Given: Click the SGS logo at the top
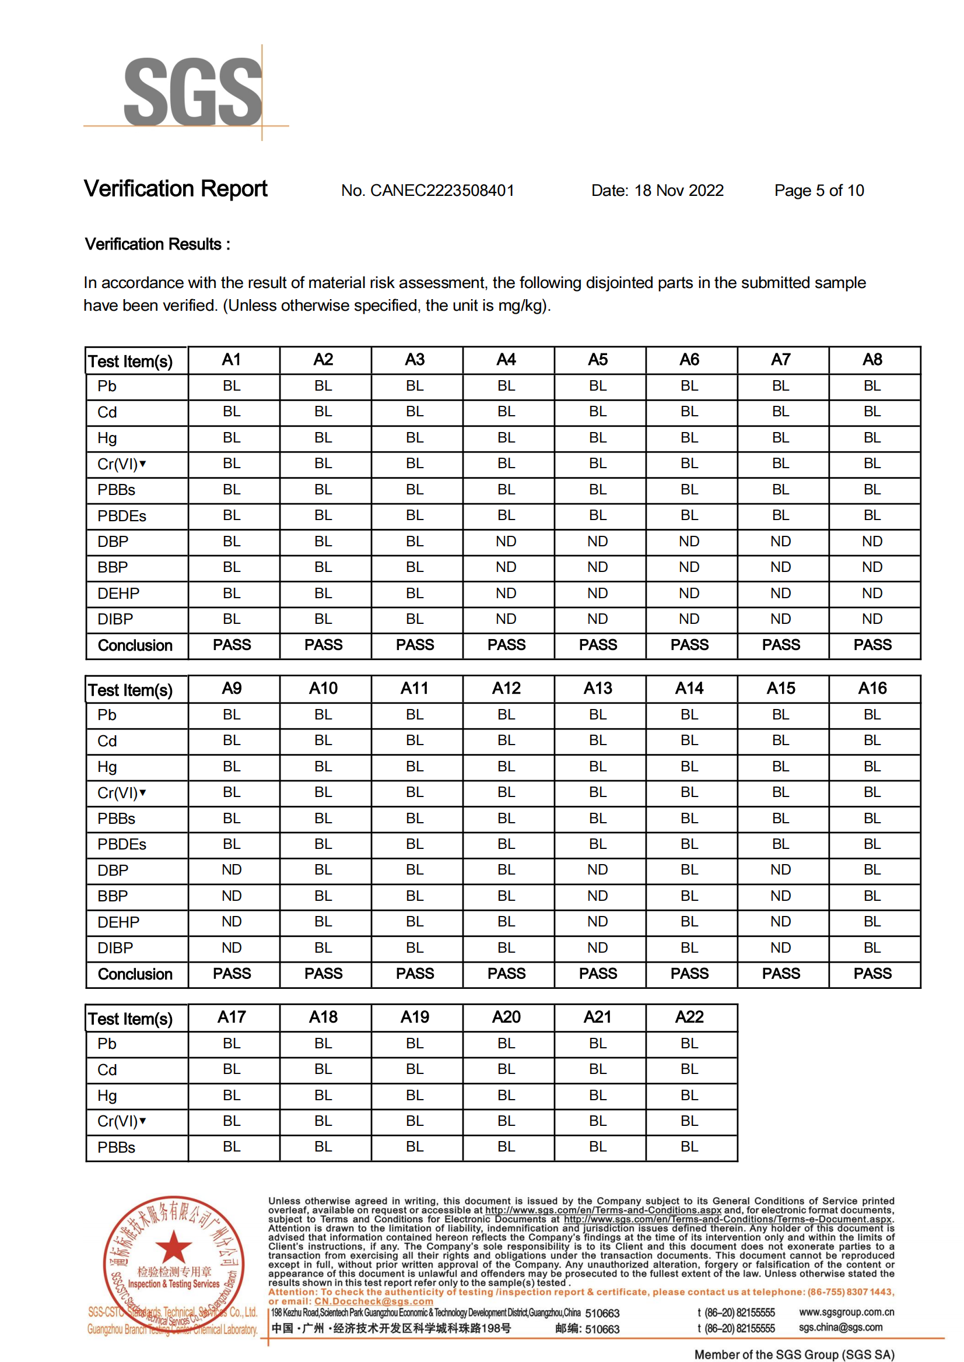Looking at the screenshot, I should point(193,92).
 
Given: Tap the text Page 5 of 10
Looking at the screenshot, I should point(819,191).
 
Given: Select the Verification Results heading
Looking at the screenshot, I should point(157,244).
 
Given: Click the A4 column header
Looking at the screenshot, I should point(506,360).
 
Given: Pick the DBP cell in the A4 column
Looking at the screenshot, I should point(506,541).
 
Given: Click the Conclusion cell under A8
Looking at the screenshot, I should point(872,644).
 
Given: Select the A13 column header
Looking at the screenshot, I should point(598,689).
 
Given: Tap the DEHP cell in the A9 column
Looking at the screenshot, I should point(232,922).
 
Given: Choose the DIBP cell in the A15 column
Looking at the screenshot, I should point(780,948).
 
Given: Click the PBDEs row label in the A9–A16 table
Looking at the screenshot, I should point(122,844).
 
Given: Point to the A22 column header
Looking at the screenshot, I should point(689,1017).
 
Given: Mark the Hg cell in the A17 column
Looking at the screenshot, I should point(232,1095).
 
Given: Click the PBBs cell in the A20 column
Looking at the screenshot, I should point(506,1147).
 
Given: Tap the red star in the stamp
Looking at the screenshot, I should point(173,1247).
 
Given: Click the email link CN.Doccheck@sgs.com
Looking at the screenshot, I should point(373,1301).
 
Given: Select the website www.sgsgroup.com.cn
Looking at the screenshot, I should point(846,1312).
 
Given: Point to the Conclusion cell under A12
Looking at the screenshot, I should point(506,973).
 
